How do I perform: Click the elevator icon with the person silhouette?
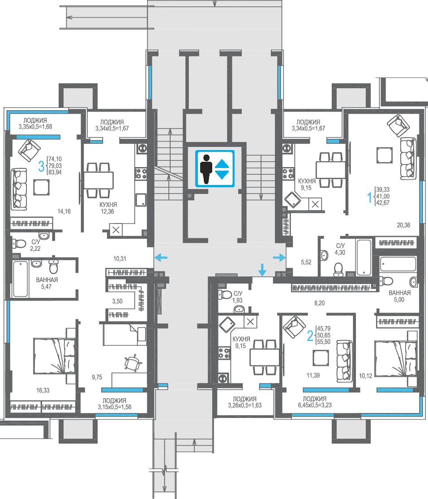click(215, 169)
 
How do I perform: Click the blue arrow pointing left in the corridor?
click(161, 257)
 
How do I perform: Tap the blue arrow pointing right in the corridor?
click(279, 257)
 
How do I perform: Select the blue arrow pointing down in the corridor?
click(262, 270)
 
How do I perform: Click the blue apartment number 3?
click(41, 166)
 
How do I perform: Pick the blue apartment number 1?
click(369, 197)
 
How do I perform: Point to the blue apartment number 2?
click(310, 336)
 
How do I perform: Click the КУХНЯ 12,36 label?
click(108, 208)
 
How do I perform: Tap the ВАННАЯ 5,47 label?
click(47, 283)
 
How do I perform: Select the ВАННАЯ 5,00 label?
click(400, 296)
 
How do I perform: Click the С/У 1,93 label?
click(238, 297)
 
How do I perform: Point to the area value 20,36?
click(403, 225)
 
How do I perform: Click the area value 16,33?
click(43, 391)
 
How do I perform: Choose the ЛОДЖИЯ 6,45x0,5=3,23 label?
click(315, 402)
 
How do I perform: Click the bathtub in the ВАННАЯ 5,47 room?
click(21, 279)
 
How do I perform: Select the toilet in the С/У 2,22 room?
click(19, 244)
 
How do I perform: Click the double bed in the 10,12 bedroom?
click(396, 358)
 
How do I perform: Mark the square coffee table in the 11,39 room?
click(321, 358)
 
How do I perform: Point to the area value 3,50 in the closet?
click(117, 301)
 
